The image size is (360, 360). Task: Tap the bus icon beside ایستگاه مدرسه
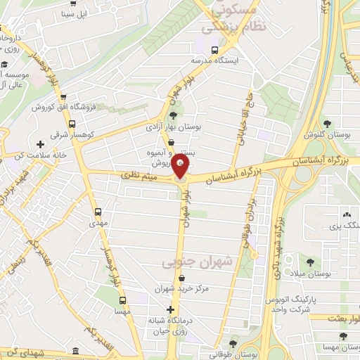pyautogui.click(x=214, y=49)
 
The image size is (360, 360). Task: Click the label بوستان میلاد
pyautogui.click(x=323, y=273)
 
